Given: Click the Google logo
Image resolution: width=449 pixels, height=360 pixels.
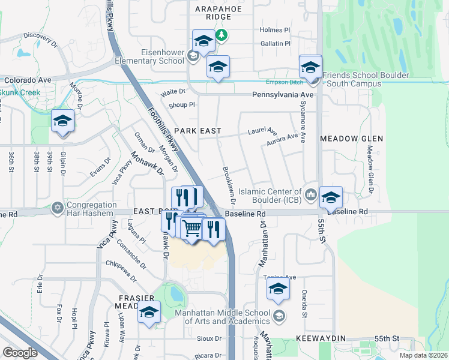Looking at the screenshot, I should [x=20, y=353].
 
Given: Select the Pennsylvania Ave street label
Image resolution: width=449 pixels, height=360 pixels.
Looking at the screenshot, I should [x=283, y=95].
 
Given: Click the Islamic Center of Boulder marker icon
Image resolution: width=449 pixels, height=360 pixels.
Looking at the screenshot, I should [x=311, y=193].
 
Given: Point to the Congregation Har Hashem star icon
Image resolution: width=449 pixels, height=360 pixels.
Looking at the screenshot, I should [x=58, y=207].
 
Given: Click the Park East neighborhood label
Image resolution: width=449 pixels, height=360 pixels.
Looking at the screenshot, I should [x=198, y=131].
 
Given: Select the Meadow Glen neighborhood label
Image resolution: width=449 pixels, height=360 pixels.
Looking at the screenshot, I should [x=351, y=139].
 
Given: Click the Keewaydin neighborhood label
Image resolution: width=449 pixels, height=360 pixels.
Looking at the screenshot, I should [x=321, y=338].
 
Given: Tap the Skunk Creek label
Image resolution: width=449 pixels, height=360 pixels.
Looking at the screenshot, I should [x=20, y=92].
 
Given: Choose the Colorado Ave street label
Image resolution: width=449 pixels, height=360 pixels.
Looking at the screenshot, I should [x=28, y=79].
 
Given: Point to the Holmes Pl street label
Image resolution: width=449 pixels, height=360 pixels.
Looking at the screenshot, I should [x=275, y=29].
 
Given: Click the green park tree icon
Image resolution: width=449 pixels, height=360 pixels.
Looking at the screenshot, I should [x=222, y=35].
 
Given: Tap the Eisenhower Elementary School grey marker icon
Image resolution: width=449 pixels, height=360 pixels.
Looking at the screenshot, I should [x=193, y=56].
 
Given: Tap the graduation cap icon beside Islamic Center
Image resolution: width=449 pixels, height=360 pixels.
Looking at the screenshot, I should [x=331, y=197].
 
